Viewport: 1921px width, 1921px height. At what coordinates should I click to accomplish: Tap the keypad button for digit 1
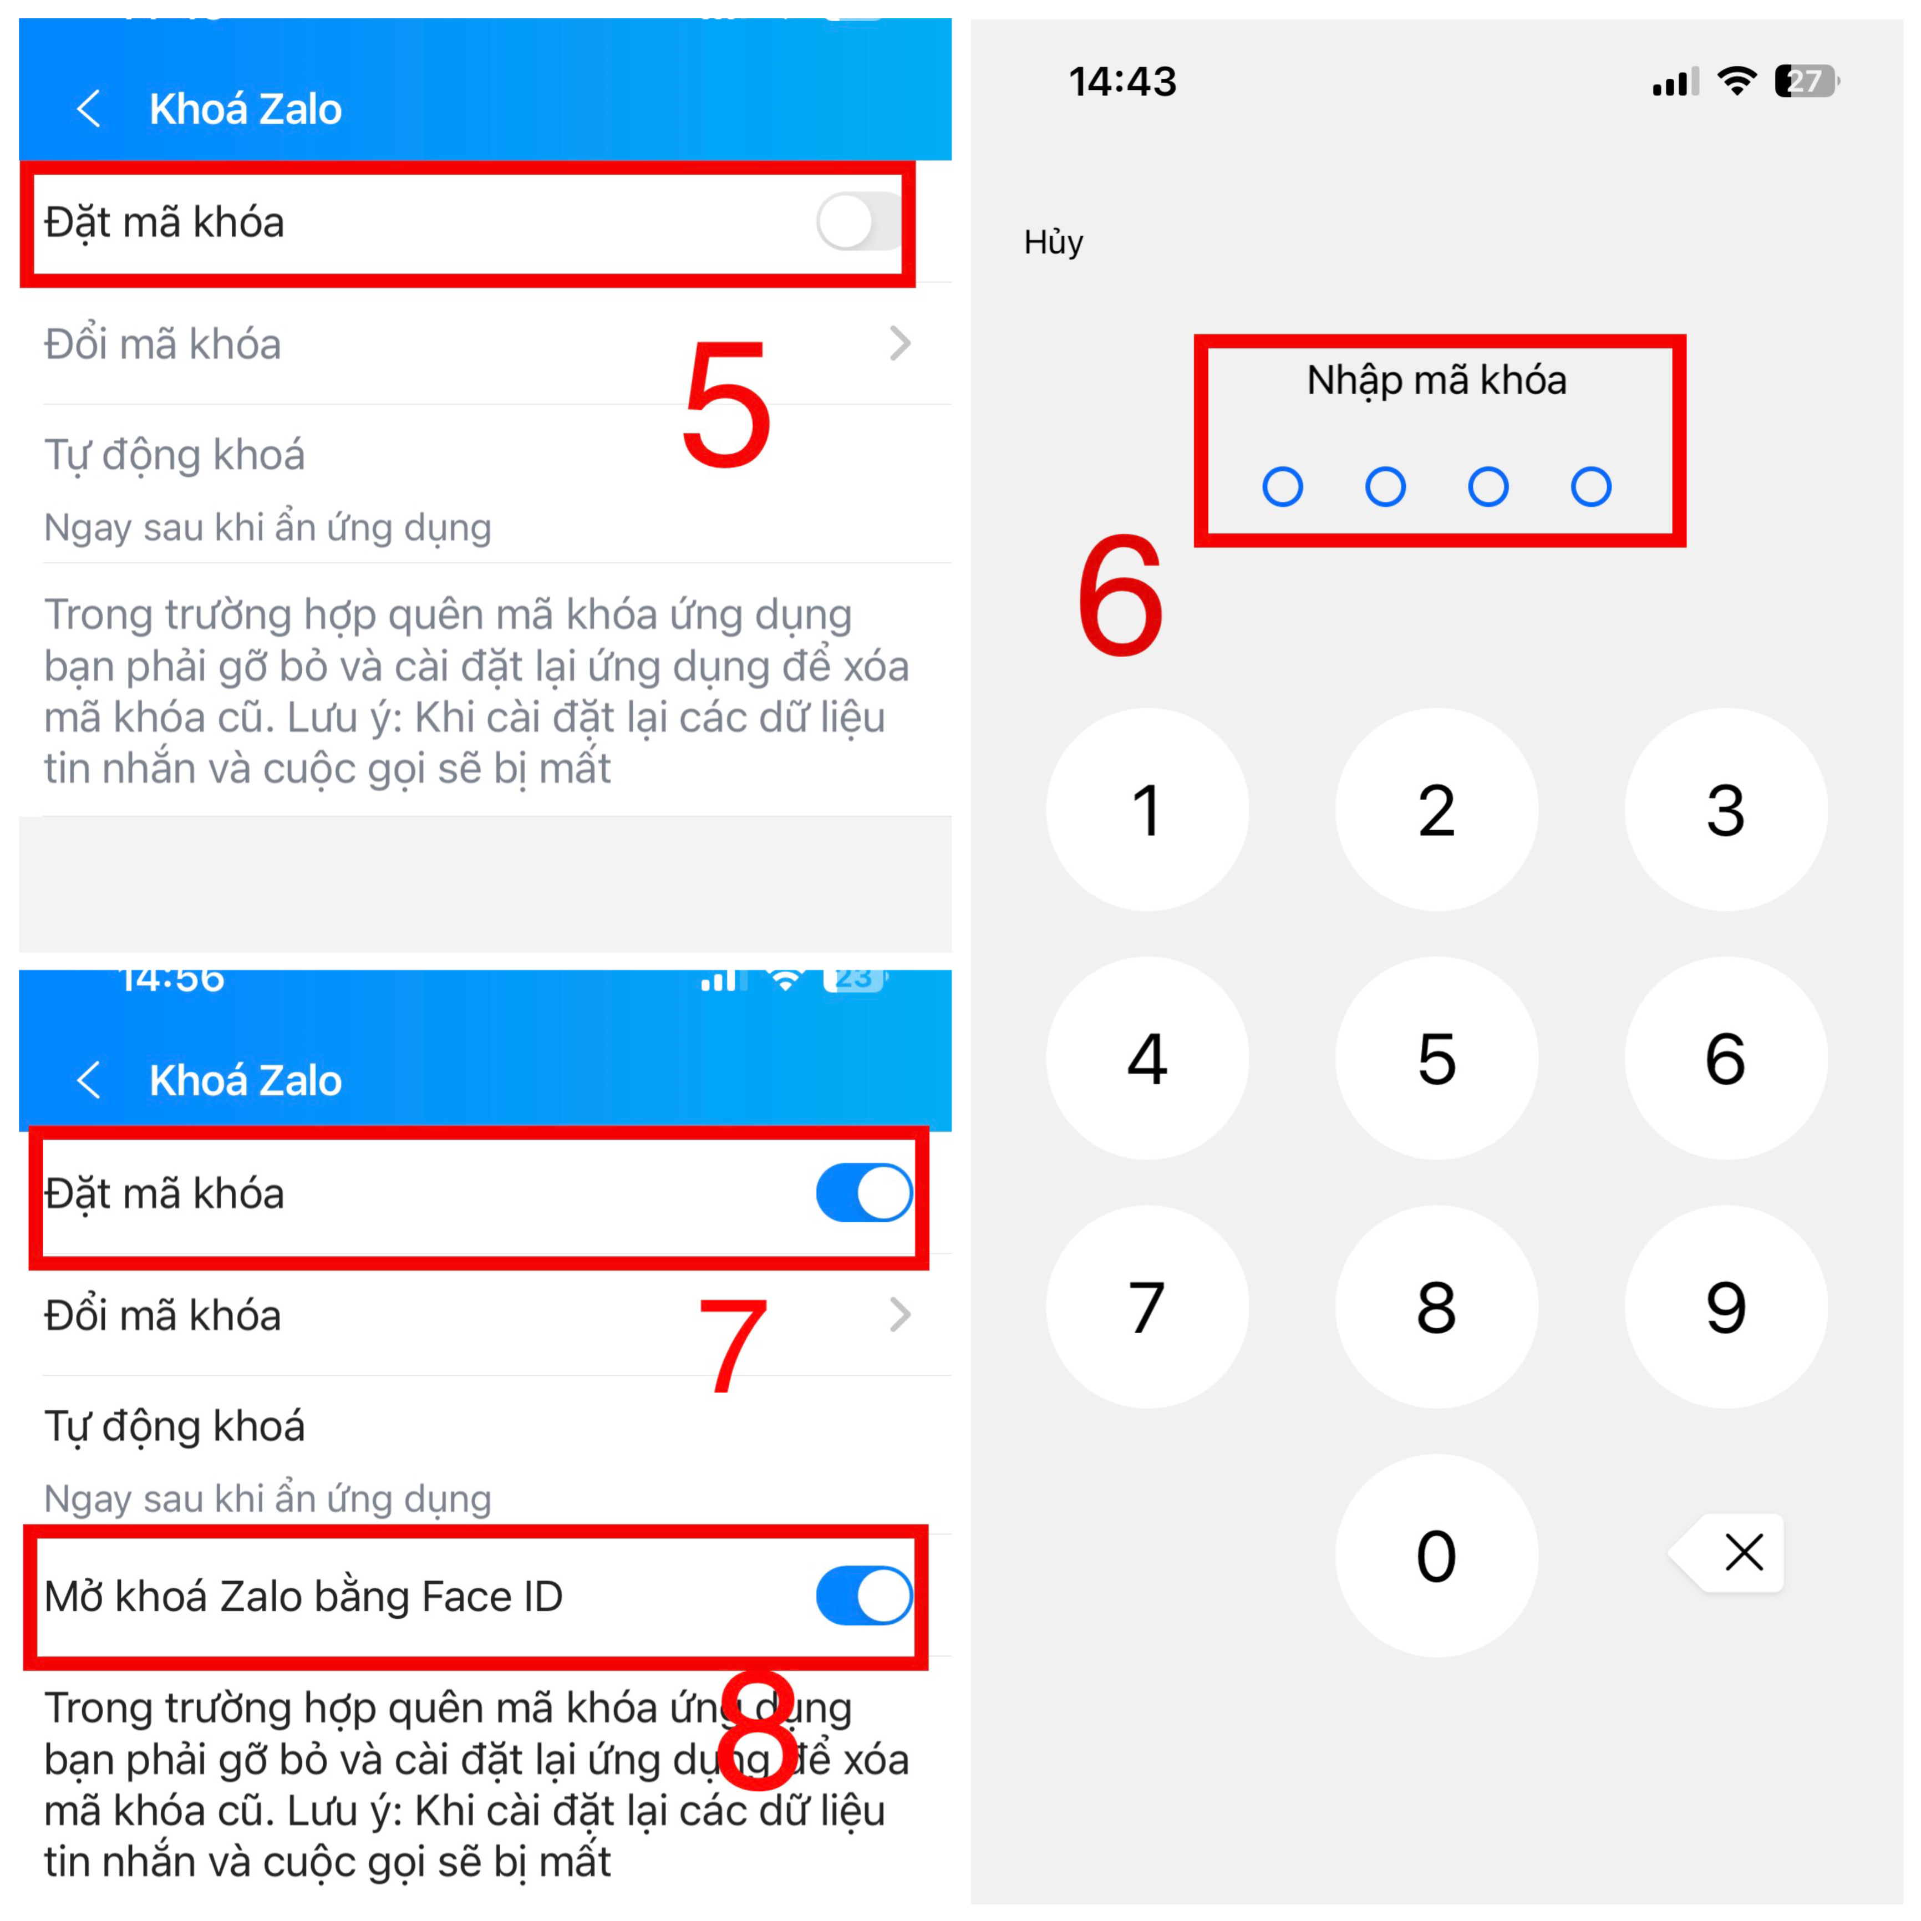1147,809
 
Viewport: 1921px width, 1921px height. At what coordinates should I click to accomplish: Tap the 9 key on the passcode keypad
1726,1307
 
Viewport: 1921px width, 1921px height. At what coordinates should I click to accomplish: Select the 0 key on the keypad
1437,1555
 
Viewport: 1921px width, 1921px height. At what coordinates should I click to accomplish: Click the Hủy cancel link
1053,242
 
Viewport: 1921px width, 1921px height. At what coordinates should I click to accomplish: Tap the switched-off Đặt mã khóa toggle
859,222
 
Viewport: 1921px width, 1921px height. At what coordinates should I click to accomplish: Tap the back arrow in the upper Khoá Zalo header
89,108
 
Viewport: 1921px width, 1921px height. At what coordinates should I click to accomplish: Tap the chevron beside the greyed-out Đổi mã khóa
900,344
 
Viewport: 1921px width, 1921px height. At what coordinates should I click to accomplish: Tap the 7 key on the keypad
1147,1307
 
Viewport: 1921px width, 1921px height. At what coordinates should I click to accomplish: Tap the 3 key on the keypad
1726,809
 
